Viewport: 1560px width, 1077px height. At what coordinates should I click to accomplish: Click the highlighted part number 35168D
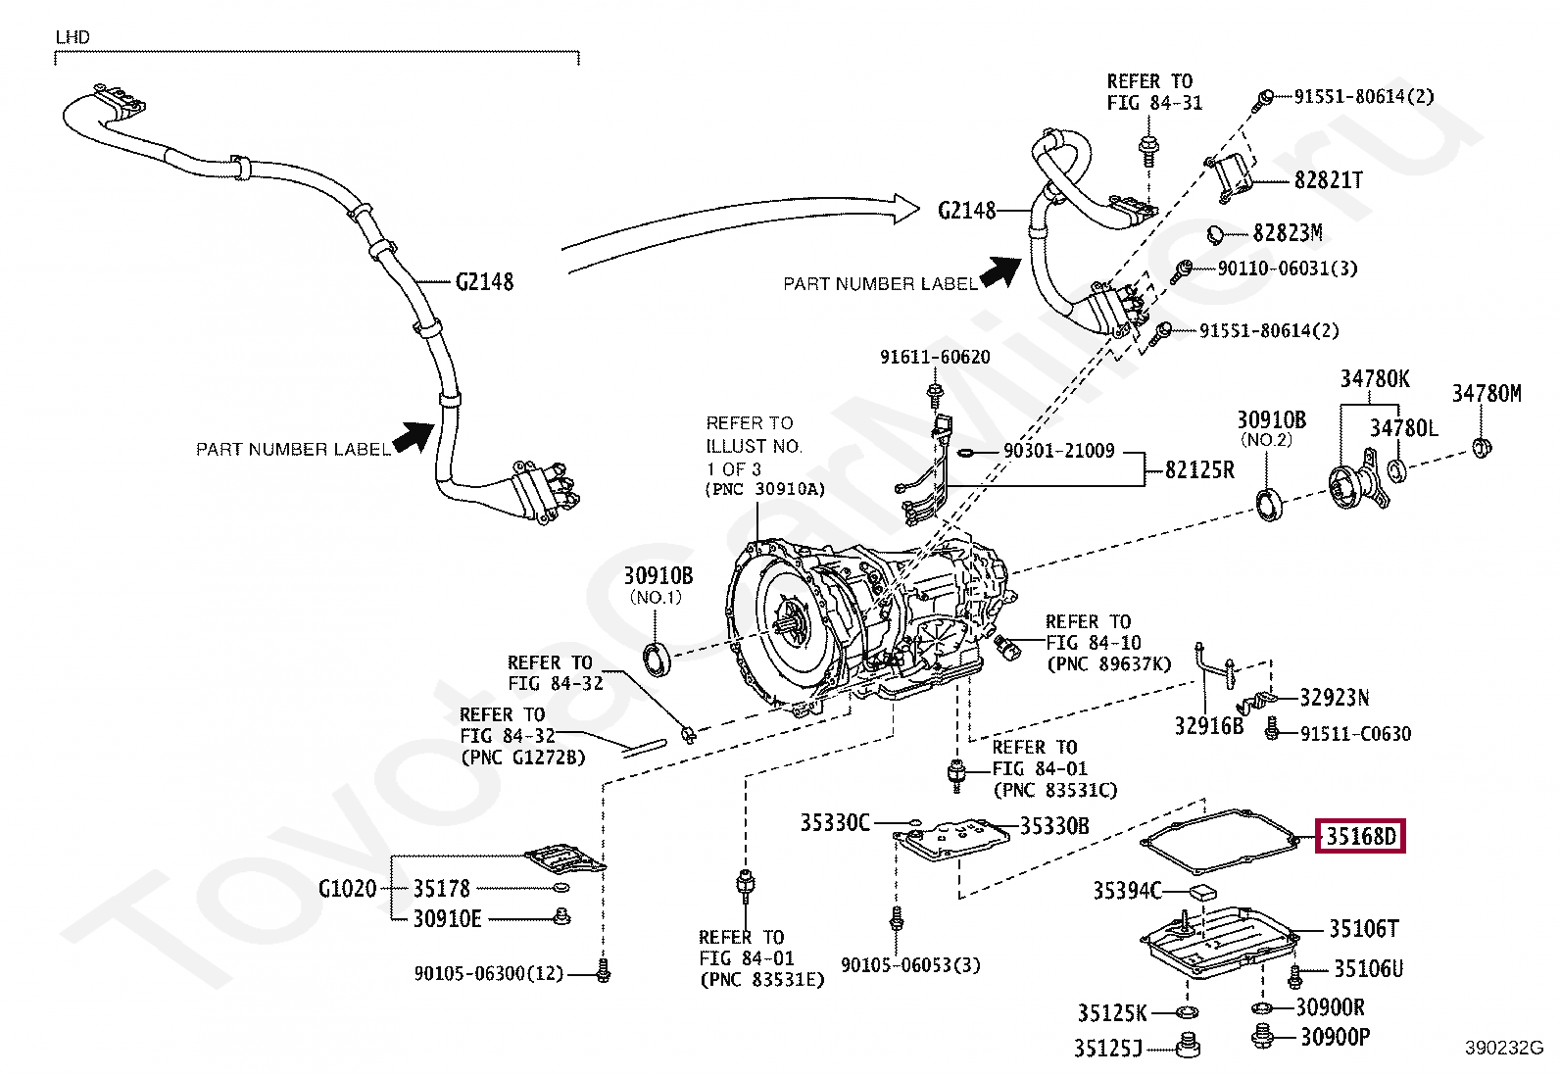pyautogui.click(x=1360, y=836)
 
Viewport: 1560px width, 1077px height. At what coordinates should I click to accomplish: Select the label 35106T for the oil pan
pyautogui.click(x=1363, y=929)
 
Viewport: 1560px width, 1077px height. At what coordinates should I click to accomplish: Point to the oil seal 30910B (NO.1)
pyautogui.click(x=658, y=659)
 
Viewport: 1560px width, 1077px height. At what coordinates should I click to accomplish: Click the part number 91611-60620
pyautogui.click(x=935, y=358)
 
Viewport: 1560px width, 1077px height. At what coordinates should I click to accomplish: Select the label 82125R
pyautogui.click(x=1199, y=470)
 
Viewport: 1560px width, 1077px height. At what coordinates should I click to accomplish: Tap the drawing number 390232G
pyautogui.click(x=1503, y=1048)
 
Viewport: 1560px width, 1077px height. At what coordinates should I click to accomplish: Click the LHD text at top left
pyautogui.click(x=73, y=37)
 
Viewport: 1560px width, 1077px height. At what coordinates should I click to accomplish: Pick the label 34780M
pyautogui.click(x=1486, y=394)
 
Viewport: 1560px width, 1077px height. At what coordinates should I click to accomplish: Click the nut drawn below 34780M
pyautogui.click(x=1483, y=449)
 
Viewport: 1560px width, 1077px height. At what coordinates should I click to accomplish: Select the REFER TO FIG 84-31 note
pyautogui.click(x=1153, y=92)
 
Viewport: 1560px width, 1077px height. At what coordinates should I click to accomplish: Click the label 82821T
pyautogui.click(x=1328, y=180)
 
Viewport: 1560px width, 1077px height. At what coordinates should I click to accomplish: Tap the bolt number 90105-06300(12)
pyautogui.click(x=488, y=973)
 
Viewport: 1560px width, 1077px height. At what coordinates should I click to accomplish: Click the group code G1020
pyautogui.click(x=347, y=889)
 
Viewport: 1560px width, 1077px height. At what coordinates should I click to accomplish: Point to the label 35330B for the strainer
pyautogui.click(x=1054, y=826)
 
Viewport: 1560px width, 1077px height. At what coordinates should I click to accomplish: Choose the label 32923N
pyautogui.click(x=1334, y=698)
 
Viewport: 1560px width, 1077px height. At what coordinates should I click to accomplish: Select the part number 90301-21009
pyautogui.click(x=1058, y=451)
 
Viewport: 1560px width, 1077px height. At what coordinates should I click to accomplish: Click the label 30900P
pyautogui.click(x=1335, y=1037)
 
